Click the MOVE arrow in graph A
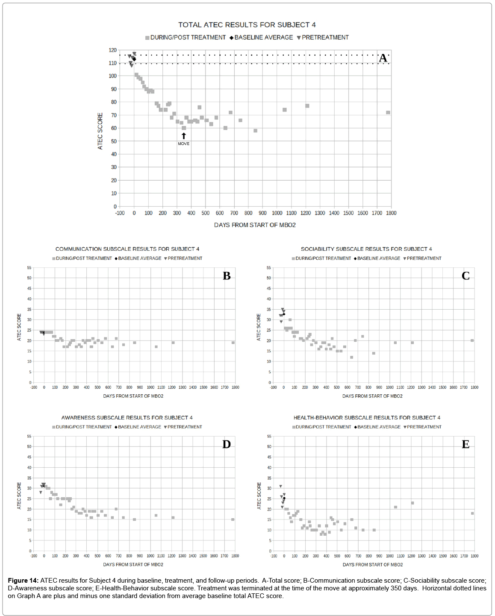[184, 136]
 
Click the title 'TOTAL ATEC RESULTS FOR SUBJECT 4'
[247, 25]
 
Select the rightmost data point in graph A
[388, 113]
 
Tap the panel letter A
[383, 58]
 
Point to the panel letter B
[227, 276]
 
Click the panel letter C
[466, 276]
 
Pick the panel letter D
[227, 444]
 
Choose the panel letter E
[466, 444]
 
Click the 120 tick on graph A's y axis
[112, 50]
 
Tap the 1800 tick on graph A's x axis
[391, 213]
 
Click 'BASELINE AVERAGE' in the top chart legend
[263, 38]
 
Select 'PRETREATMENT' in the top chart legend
[325, 38]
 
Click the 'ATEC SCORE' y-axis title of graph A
[100, 131]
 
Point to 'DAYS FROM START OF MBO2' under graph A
[255, 225]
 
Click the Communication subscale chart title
[127, 249]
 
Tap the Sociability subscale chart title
[366, 249]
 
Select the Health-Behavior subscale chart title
[367, 417]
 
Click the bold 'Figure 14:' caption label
[23, 581]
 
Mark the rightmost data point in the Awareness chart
[233, 519]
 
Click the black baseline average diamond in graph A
[134, 59]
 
